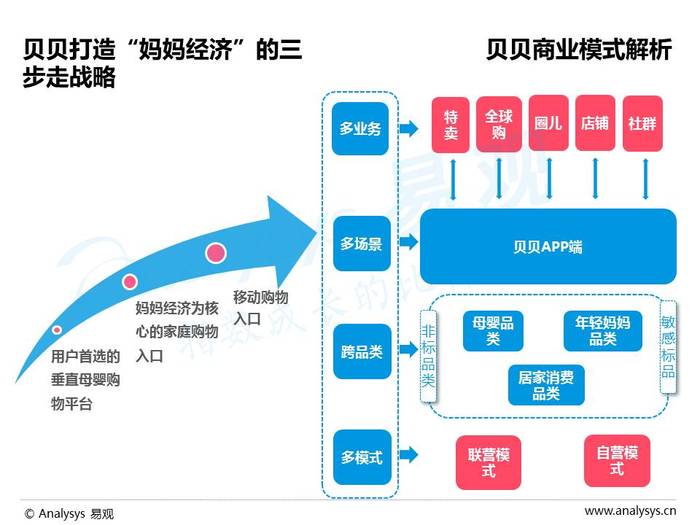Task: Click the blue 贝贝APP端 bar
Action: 547,246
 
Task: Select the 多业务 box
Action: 361,129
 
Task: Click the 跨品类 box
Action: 361,350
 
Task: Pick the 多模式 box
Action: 361,457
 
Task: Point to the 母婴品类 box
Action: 493,331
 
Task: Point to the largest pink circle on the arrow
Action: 216,253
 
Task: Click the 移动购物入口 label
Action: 261,308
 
